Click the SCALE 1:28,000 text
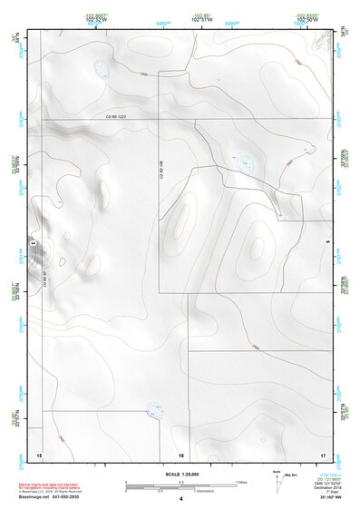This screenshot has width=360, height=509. click(180, 474)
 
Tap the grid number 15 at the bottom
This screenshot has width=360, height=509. click(39, 454)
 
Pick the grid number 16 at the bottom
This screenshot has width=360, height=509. click(181, 454)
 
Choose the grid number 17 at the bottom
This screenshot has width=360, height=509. click(322, 454)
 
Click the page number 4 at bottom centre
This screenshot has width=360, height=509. click(180, 499)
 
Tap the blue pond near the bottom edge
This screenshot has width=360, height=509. click(156, 412)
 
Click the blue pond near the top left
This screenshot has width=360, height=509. click(99, 69)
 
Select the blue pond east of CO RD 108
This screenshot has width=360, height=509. click(244, 162)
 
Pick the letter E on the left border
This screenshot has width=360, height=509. click(33, 242)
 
